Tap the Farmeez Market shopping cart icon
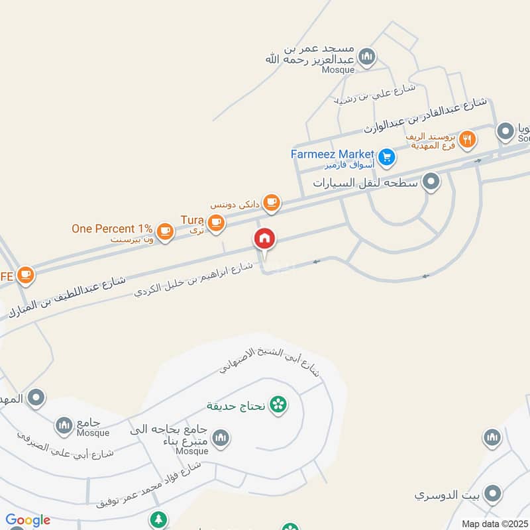tap(388, 158)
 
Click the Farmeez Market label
tap(333, 154)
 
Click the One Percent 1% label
tap(113, 229)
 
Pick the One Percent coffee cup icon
tap(165, 231)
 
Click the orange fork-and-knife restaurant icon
tap(468, 139)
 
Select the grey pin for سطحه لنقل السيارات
tap(431, 181)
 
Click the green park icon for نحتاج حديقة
tap(278, 404)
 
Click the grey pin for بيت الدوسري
tap(492, 494)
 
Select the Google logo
tap(28, 520)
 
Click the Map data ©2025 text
tap(494, 523)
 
